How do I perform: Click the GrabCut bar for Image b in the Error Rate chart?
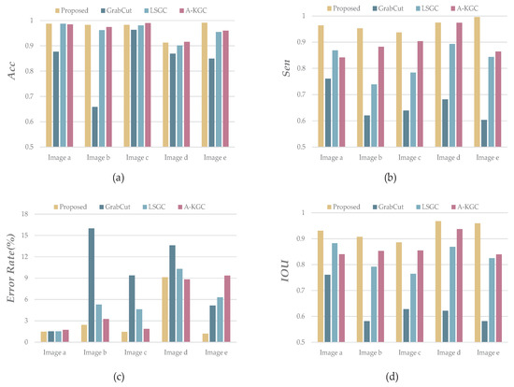click(x=91, y=285)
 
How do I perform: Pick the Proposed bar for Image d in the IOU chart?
click(x=436, y=281)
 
